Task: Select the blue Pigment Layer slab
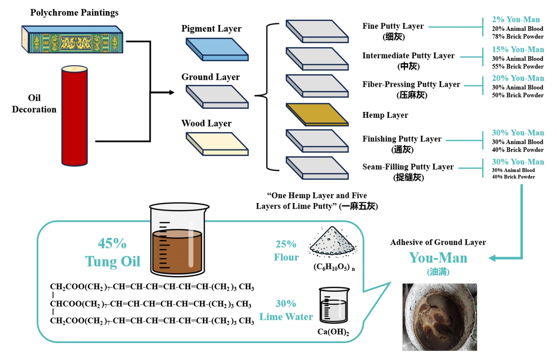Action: (217, 49)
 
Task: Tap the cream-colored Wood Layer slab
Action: (217, 143)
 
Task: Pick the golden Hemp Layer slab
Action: (317, 114)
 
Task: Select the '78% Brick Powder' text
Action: (518, 37)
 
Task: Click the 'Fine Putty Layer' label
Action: (393, 26)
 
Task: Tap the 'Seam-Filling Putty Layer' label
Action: (408, 167)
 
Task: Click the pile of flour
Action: (332, 242)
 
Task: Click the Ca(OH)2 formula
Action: (333, 333)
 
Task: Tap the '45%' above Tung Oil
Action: (112, 243)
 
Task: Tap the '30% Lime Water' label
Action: (286, 310)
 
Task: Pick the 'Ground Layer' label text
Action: (211, 77)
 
